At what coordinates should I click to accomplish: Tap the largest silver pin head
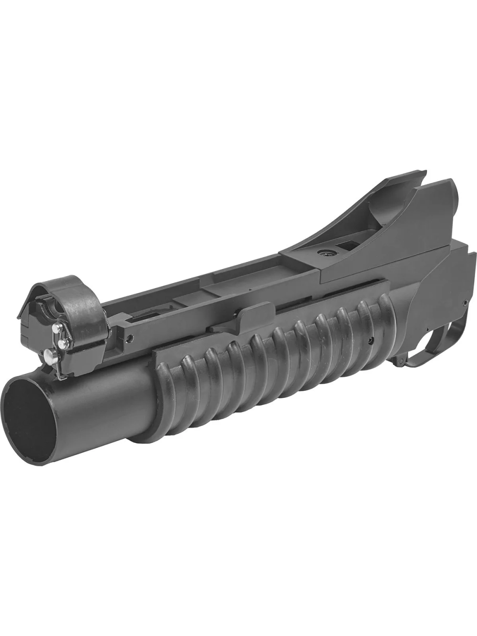(48, 354)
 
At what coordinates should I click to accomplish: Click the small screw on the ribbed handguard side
(370, 341)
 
